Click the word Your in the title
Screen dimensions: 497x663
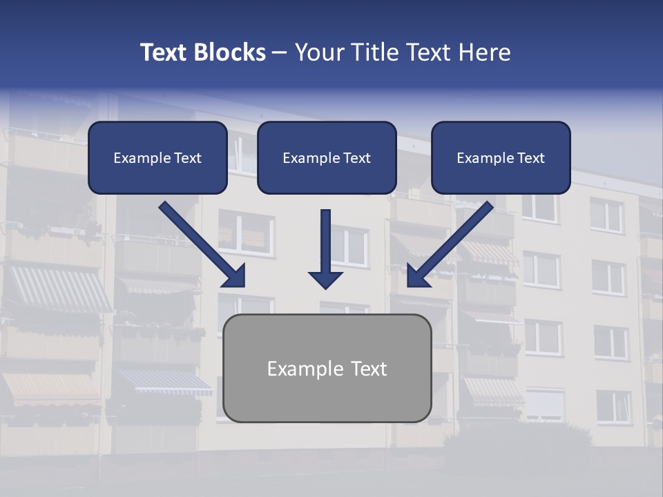pos(319,52)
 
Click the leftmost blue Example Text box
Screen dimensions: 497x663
pos(157,157)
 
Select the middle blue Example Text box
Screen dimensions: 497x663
pos(327,157)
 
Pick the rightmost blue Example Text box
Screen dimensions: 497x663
pos(501,157)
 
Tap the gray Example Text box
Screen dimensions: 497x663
pos(327,368)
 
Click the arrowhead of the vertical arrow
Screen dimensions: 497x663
pos(326,280)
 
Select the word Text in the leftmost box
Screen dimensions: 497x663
pos(188,158)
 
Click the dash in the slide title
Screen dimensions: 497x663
pos(280,52)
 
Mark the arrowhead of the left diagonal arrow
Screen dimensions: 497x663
pos(235,276)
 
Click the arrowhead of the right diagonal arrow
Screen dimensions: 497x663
pos(416,276)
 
